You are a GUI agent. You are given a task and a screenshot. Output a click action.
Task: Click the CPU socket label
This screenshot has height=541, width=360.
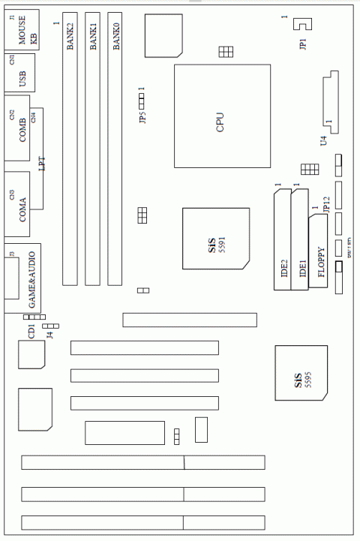tap(220, 121)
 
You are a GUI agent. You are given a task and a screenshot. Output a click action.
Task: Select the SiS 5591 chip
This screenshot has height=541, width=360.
tap(216, 239)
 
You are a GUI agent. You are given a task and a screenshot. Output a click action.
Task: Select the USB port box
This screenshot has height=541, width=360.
tap(21, 75)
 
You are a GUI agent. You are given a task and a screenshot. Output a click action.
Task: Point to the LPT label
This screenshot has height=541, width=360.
tap(42, 162)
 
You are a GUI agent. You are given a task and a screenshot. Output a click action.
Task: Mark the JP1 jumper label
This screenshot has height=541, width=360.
tap(302, 44)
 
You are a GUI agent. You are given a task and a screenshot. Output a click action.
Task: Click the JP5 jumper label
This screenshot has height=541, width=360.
tap(142, 116)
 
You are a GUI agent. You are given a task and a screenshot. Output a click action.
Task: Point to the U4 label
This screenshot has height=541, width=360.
tap(323, 140)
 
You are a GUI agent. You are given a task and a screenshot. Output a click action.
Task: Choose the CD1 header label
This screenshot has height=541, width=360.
tap(31, 331)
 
